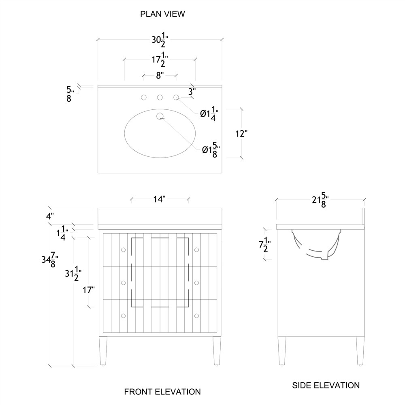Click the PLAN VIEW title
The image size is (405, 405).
click(x=162, y=14)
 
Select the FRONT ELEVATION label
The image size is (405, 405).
click(x=162, y=392)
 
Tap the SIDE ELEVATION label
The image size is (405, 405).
click(x=326, y=385)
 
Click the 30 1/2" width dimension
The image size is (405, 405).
click(x=160, y=41)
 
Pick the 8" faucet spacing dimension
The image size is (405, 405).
click(x=160, y=75)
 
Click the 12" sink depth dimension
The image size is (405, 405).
click(x=241, y=133)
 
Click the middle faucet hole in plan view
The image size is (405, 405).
click(x=160, y=97)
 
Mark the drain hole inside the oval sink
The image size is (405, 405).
click(x=160, y=116)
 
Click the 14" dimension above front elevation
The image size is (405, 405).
click(x=160, y=199)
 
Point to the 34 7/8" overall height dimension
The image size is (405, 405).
click(x=51, y=261)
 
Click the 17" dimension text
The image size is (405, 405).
click(x=89, y=290)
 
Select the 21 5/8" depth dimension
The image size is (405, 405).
click(x=320, y=200)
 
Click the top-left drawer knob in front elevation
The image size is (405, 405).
click(x=123, y=250)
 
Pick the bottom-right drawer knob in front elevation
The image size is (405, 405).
click(x=197, y=315)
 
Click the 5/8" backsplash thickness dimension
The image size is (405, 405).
click(x=69, y=93)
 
